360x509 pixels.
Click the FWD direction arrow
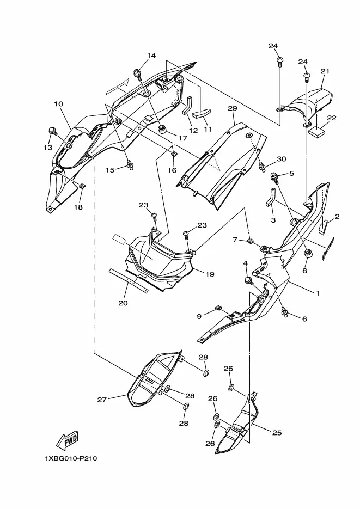[x=67, y=440]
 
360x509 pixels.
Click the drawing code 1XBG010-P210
[x=71, y=459]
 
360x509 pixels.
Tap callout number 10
[x=58, y=104]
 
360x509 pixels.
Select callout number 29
[x=233, y=108]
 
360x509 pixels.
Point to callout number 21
[x=325, y=71]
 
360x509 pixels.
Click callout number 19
[x=210, y=274]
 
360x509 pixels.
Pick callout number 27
[x=102, y=400]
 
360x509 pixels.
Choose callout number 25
[x=277, y=433]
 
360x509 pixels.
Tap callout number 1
[x=318, y=293]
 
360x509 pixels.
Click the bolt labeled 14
[x=139, y=75]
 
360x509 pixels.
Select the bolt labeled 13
[x=52, y=132]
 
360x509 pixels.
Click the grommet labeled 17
[x=162, y=130]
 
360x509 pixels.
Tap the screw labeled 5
[x=275, y=178]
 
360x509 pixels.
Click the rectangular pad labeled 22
[x=317, y=131]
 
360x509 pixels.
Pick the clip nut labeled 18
[x=82, y=186]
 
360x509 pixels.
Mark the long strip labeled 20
[x=129, y=281]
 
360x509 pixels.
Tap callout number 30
[x=282, y=159]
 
